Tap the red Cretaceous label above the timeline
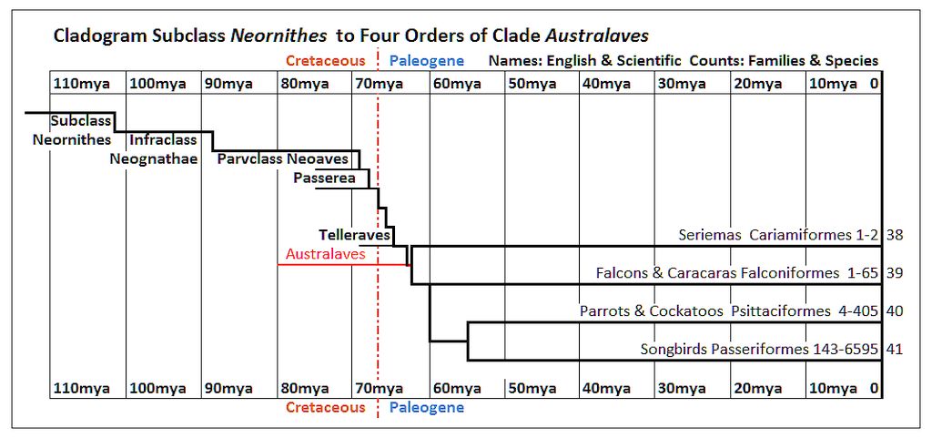click(326, 61)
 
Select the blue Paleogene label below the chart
click(427, 408)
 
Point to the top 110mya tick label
click(82, 83)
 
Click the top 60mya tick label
click(456, 83)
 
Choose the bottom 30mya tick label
click(681, 389)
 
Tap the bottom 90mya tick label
click(228, 389)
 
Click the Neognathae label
click(153, 158)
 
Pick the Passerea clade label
click(324, 178)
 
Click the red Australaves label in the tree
click(325, 254)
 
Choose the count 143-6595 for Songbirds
click(845, 350)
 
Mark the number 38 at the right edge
click(895, 235)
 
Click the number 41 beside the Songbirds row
click(895, 350)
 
